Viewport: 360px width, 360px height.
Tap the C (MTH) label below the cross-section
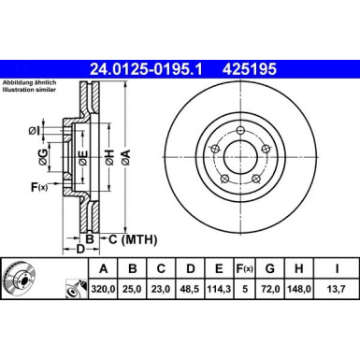[126, 240]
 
